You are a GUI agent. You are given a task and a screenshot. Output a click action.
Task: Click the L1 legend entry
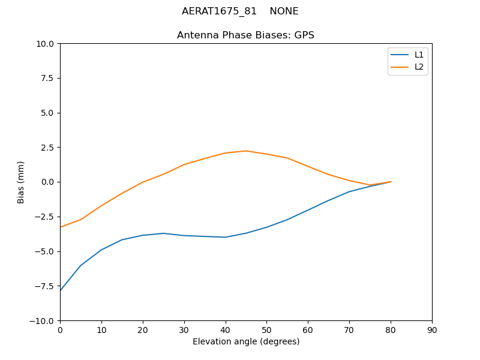point(419,55)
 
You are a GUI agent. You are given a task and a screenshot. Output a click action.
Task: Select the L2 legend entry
point(419,67)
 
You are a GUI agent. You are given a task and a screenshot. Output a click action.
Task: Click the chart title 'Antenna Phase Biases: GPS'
point(245,35)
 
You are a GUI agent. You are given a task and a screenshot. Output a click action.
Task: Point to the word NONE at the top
point(284,11)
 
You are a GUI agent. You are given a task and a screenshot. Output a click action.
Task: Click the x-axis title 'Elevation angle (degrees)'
point(246,342)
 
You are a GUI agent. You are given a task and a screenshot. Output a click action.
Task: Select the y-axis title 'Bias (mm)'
point(21,182)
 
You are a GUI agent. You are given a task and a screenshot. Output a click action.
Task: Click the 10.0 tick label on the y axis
point(44,44)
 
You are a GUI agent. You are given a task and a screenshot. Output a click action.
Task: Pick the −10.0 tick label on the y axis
point(42,321)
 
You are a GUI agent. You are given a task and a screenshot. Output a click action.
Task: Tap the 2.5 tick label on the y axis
point(47,148)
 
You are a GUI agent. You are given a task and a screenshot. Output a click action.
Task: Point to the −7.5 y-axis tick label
point(44,286)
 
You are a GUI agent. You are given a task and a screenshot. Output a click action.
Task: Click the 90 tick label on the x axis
point(432,330)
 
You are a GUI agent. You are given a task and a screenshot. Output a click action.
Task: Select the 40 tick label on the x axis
point(225,330)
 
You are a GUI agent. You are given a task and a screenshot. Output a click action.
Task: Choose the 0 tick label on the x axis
point(60,330)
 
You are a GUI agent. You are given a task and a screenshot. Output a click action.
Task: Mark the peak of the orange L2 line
point(246,151)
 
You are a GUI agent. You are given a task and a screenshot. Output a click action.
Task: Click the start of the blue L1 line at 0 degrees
point(60,291)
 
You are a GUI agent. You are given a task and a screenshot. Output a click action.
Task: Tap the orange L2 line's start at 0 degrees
point(60,227)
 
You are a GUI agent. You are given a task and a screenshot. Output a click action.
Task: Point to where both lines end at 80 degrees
point(391,182)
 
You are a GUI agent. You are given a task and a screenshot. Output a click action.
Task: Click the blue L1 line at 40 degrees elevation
point(225,237)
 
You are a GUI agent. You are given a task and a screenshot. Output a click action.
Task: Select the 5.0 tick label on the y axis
point(47,113)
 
